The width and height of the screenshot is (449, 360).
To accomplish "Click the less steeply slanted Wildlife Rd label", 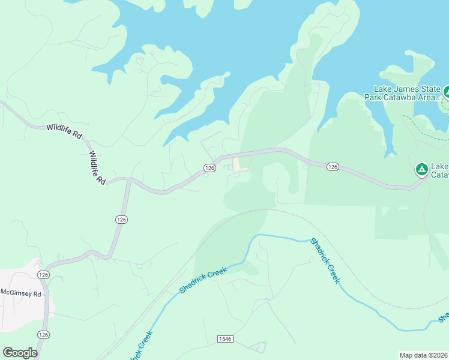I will coord(64,131).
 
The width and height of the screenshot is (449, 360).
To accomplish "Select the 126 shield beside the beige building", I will coord(209,169).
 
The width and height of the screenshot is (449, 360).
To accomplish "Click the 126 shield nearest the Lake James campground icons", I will coord(333,166).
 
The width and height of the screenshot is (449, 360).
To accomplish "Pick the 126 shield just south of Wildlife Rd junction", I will coord(121,220).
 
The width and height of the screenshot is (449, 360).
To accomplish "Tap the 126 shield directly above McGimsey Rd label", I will coord(43,274).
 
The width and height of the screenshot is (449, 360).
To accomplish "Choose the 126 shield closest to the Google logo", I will coord(43,334).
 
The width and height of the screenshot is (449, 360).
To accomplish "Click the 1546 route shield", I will coord(225,340).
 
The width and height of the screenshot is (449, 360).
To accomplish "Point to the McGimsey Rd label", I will coord(20,294).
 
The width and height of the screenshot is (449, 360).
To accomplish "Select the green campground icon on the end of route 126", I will coord(421,170).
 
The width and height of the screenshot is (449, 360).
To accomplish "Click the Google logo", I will coord(20,353).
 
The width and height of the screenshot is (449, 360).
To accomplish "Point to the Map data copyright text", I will coord(423,355).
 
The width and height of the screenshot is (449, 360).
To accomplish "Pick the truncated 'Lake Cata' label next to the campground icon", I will coord(440,170).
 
